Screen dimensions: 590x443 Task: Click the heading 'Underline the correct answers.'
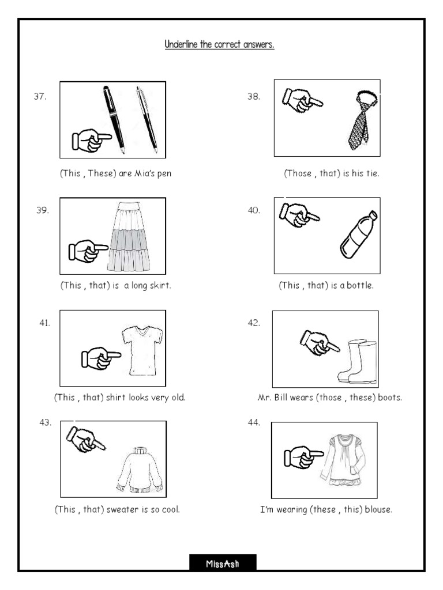pyautogui.click(x=219, y=44)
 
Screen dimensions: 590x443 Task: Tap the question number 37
pyautogui.click(x=40, y=97)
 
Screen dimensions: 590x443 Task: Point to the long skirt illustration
pyautogui.click(x=129, y=237)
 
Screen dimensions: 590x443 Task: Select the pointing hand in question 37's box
pyautogui.click(x=91, y=140)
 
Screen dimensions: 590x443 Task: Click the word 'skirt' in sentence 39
pyautogui.click(x=159, y=286)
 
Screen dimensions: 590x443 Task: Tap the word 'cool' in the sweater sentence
pyautogui.click(x=170, y=509)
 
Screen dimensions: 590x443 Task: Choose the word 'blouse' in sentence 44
pyautogui.click(x=377, y=509)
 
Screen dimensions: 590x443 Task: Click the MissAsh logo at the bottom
pyautogui.click(x=223, y=563)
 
